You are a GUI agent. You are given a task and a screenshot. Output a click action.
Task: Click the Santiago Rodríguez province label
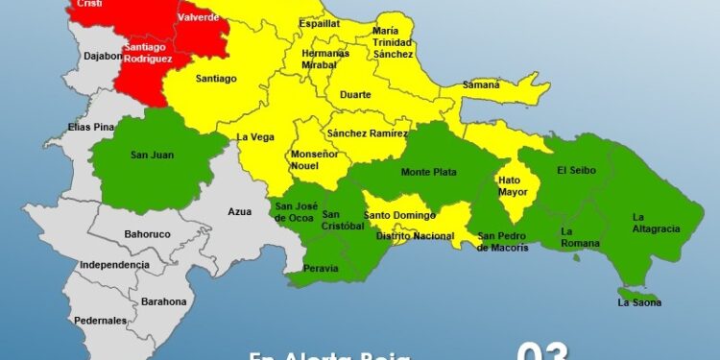pyautogui.click(x=148, y=53)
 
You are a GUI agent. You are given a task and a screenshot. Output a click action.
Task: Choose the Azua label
pyautogui.click(x=239, y=211)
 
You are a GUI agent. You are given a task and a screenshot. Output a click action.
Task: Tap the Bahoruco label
pyautogui.click(x=148, y=233)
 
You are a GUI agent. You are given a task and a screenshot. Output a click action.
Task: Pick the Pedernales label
pyautogui.click(x=103, y=320)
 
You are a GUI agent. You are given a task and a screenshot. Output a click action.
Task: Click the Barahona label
pyautogui.click(x=163, y=301)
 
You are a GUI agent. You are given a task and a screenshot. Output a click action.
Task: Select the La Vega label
pyautogui.click(x=256, y=136)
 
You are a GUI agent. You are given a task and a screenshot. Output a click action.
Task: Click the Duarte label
pyautogui.click(x=355, y=96)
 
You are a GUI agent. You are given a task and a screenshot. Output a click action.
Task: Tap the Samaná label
pyautogui.click(x=480, y=84)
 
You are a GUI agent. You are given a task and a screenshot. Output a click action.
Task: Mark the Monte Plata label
pyautogui.click(x=428, y=173)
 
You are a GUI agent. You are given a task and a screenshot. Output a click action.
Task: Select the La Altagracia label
pyautogui.click(x=656, y=223)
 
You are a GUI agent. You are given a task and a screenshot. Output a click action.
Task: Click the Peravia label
pyautogui.click(x=321, y=268)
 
